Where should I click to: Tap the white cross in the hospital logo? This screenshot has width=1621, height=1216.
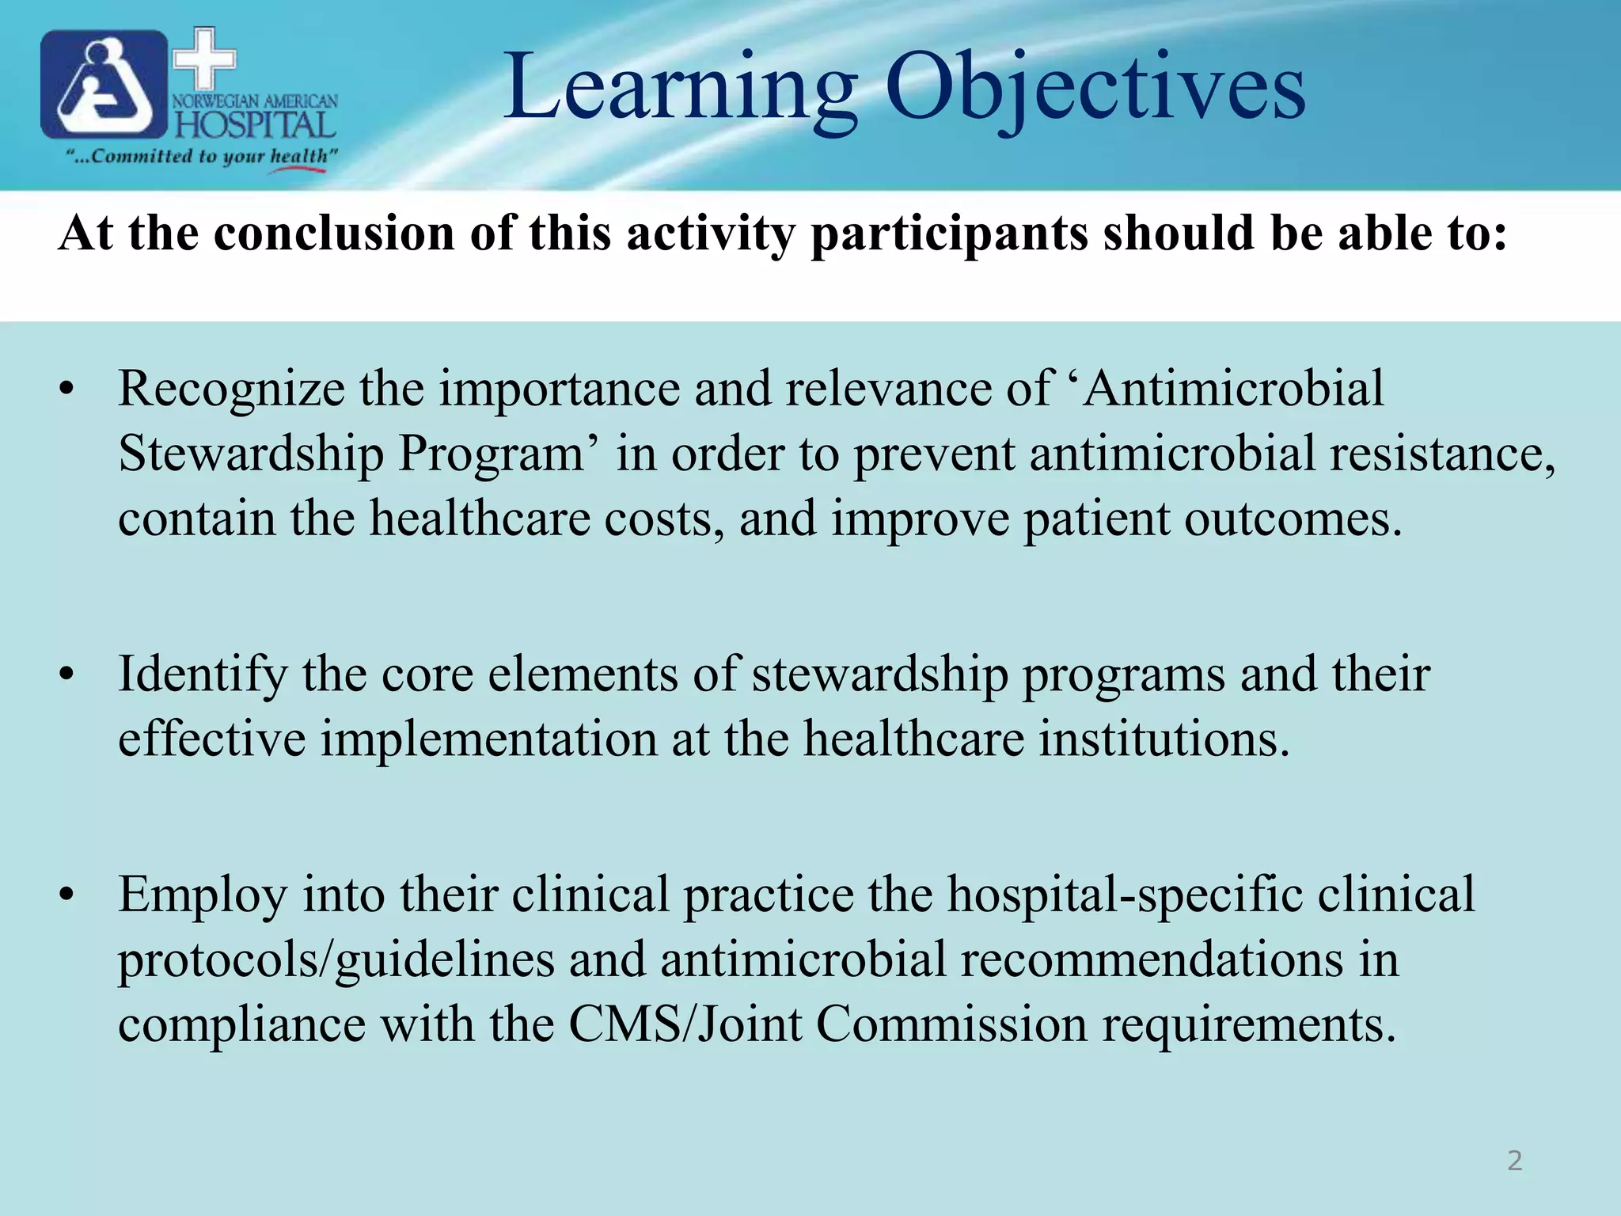point(204,59)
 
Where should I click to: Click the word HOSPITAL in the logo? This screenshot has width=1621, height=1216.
point(255,125)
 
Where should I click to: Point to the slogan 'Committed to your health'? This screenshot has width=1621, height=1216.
point(203,156)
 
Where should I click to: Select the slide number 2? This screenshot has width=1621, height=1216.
point(1514,1161)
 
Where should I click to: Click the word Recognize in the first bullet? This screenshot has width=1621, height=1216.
point(231,389)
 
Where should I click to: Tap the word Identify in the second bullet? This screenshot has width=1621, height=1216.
point(203,674)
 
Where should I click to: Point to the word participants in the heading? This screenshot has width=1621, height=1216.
point(949,234)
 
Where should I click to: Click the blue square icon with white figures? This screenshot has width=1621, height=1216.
point(103,85)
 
